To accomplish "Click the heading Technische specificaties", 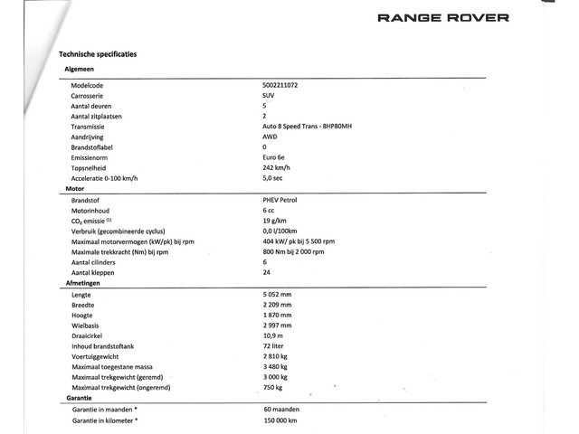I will point(98,54).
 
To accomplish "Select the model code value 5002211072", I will point(286,84).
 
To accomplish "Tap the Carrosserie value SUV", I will point(269,95).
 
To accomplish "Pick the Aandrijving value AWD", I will point(271,136).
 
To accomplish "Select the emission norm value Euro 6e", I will point(275,156).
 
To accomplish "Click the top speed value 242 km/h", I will point(277,167).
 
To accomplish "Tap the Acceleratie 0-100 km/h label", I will point(106,178).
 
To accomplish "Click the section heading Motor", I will point(75,188).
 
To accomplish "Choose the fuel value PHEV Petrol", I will point(283,199).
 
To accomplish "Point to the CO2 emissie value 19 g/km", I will point(275,220).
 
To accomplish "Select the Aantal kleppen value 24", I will point(266,272).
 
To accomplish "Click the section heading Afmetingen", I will point(83,283).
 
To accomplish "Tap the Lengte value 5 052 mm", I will point(277,294).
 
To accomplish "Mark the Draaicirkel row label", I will point(89,335).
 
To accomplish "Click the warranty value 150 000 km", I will point(280,420).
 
